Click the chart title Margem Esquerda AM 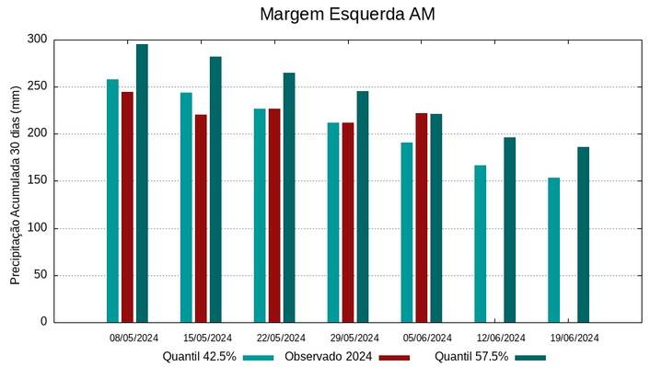pos(347,15)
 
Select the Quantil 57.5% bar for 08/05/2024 pos(142,183)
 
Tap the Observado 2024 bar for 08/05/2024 pos(127,207)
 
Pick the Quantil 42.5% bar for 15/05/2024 pos(186,207)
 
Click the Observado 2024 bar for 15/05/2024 pos(201,218)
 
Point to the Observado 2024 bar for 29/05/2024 pos(348,222)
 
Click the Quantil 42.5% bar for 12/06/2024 pos(481,244)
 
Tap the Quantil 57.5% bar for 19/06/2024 pos(583,235)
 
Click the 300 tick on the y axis pos(37,40)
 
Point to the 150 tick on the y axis pos(37,181)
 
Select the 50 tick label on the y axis pos(40,275)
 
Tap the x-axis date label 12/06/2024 pos(501,338)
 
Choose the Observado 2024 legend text pos(328,357)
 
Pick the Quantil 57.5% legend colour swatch pos(530,357)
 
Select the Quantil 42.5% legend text pos(199,357)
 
